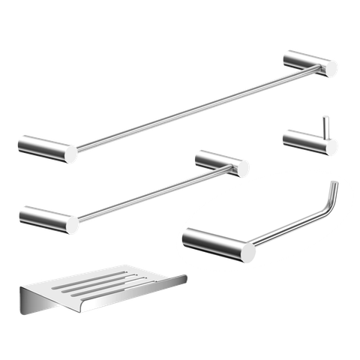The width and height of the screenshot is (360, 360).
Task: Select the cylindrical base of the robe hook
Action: pyautogui.click(x=303, y=141)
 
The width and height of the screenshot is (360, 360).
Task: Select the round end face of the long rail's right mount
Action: pyautogui.click(x=331, y=69)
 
